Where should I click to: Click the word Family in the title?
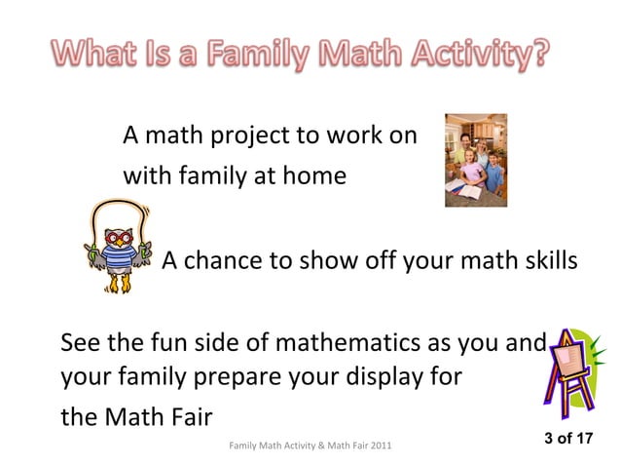click(x=259, y=54)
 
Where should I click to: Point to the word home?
click(x=314, y=175)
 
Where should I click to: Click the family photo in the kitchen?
click(x=476, y=160)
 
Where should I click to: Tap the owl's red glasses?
click(x=119, y=238)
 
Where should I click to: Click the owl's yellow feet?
click(x=120, y=284)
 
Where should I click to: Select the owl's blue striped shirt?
click(x=119, y=256)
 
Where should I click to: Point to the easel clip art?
click(x=574, y=373)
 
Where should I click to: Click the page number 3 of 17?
click(x=568, y=439)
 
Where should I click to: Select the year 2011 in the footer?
click(x=381, y=446)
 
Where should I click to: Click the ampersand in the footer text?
click(x=321, y=446)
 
